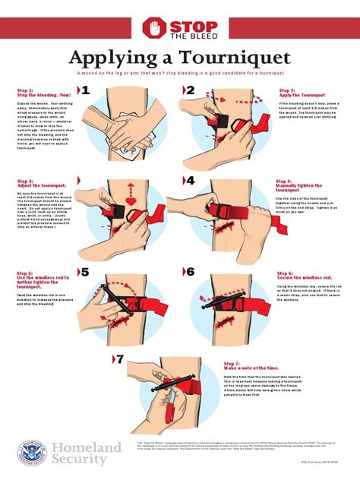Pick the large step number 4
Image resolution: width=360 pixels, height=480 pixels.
(x=191, y=182)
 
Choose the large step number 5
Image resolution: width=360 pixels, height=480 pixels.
(x=86, y=272)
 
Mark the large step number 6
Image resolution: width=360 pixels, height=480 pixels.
(x=191, y=272)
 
